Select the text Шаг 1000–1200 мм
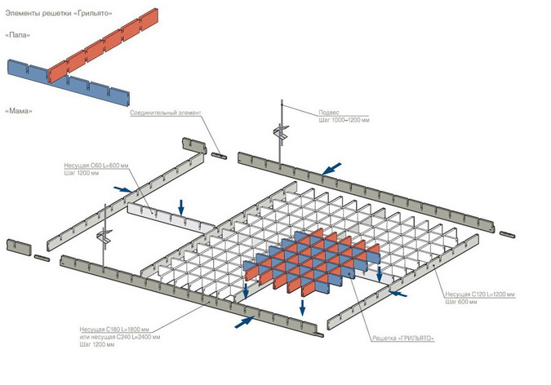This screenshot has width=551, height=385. (344, 120)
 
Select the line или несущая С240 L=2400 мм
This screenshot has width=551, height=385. (121, 336)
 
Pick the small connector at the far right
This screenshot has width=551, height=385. (509, 235)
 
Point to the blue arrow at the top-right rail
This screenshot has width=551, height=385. (330, 169)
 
